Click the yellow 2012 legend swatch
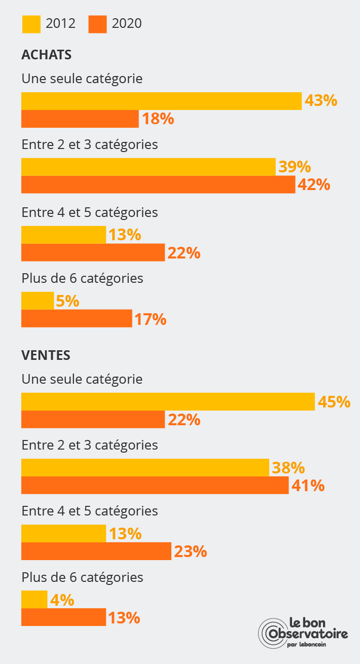click(x=31, y=24)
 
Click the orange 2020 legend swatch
click(x=97, y=24)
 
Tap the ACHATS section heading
click(x=46, y=55)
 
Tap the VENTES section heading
click(x=46, y=355)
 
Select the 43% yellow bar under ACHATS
click(x=161, y=101)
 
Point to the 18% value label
click(x=158, y=119)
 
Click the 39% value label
click(x=295, y=167)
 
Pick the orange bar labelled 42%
click(x=158, y=185)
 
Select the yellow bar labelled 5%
click(x=37, y=301)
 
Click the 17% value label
click(x=150, y=319)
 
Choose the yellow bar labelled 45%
click(x=168, y=401)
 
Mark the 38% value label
click(x=288, y=468)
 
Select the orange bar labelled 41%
click(x=155, y=485)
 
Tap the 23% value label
click(x=190, y=551)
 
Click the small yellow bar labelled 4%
click(x=34, y=600)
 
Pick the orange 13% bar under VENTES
click(x=63, y=617)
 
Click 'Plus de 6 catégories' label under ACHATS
click(x=82, y=278)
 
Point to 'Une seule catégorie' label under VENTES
click(x=82, y=379)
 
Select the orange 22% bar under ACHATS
click(x=93, y=252)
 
